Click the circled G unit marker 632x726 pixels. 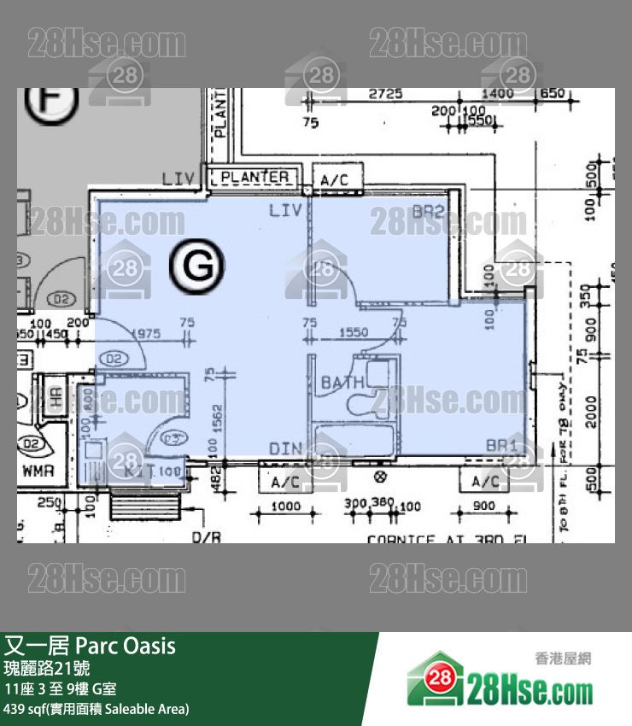tap(197, 266)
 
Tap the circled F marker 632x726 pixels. tap(51, 102)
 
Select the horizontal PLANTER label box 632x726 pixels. tap(255, 178)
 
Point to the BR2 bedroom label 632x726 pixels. tap(428, 212)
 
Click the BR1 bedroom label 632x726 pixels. tap(501, 445)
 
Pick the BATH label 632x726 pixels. tap(342, 383)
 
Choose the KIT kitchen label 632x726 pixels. tap(139, 470)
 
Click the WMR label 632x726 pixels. tap(38, 471)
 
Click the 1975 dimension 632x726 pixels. tap(146, 335)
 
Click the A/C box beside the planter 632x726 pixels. tap(339, 180)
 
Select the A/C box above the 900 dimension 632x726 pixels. tap(483, 482)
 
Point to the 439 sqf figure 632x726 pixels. tap(26, 709)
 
